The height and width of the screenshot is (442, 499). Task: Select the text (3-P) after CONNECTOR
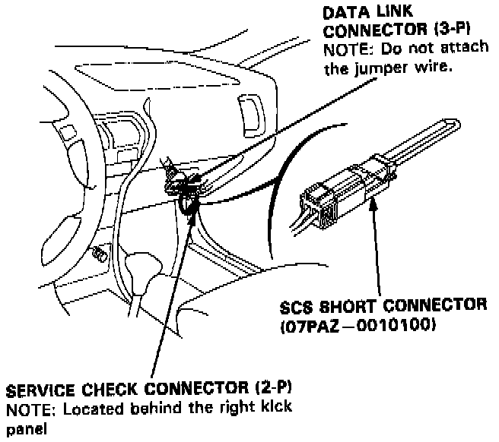(450, 31)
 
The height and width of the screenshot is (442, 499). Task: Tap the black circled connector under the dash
(186, 202)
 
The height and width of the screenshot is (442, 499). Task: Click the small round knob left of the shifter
(97, 254)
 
